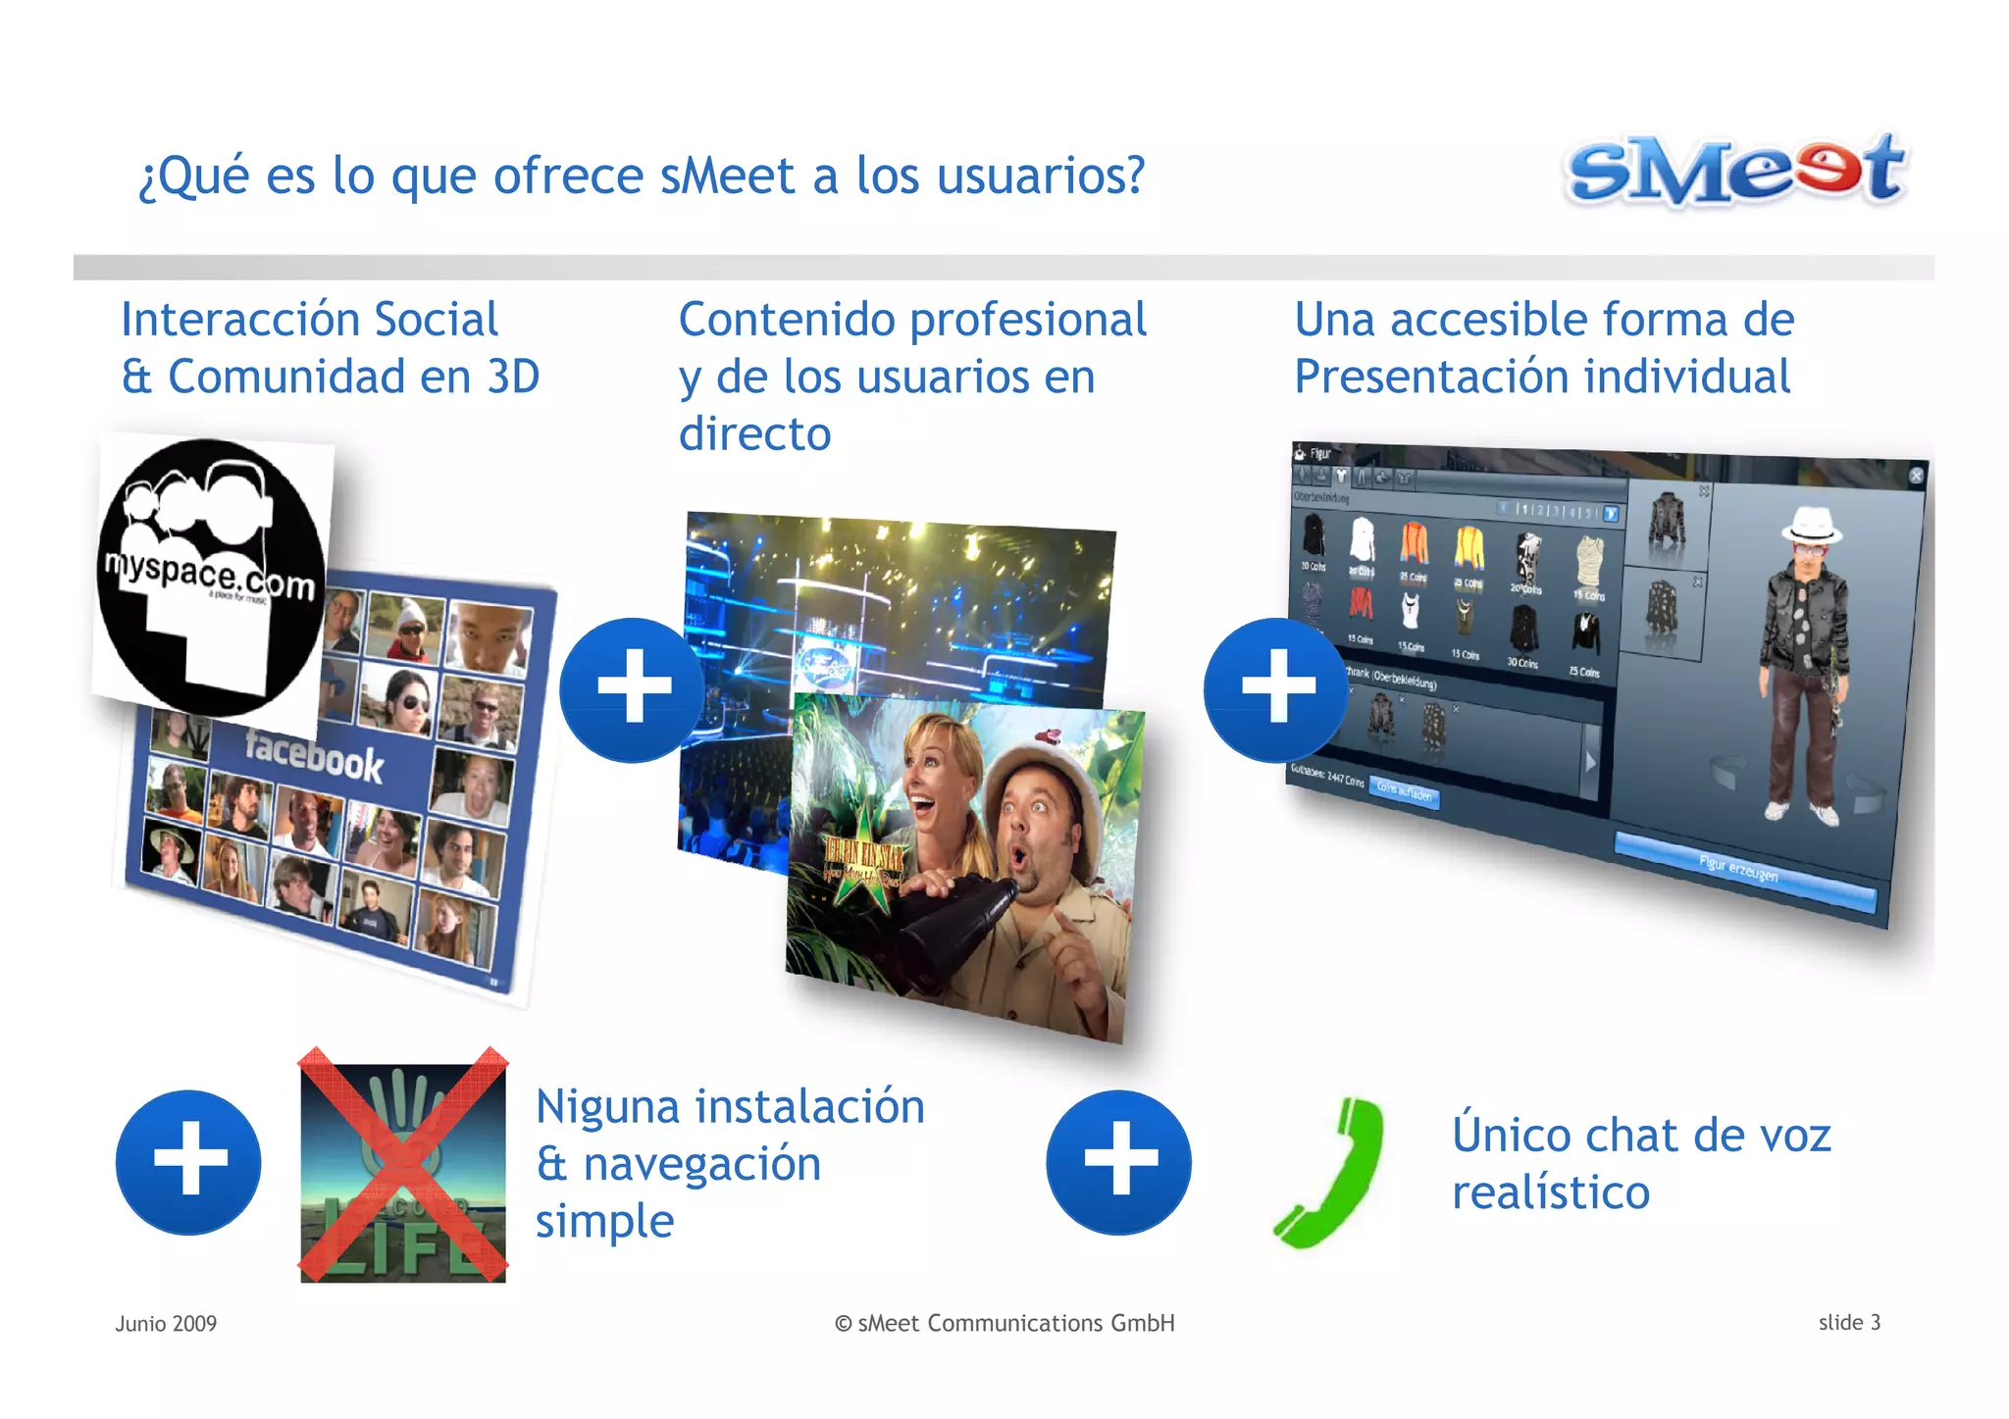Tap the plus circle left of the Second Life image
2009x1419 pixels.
(x=188, y=1162)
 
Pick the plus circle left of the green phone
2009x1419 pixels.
(x=1118, y=1162)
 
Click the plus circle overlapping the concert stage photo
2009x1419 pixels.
(x=633, y=689)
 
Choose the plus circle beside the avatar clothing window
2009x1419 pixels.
(x=1276, y=689)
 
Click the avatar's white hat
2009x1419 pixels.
(x=1811, y=525)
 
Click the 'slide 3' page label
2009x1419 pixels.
(x=1849, y=1322)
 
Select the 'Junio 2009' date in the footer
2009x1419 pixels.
(x=166, y=1323)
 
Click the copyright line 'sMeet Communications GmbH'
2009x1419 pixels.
(x=1004, y=1323)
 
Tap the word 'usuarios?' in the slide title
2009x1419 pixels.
(x=1041, y=177)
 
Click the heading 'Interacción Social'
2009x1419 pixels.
(x=309, y=320)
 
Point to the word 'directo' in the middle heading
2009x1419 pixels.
(x=754, y=433)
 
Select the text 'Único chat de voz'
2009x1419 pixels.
(x=1641, y=1135)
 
